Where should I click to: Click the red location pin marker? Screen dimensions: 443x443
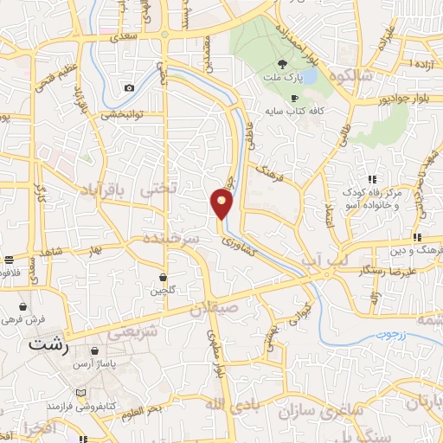click(x=222, y=204)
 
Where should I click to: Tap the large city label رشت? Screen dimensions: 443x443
click(x=48, y=343)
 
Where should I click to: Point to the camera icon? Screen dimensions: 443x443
click(x=129, y=87)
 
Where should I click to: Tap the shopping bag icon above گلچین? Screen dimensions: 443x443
click(x=163, y=277)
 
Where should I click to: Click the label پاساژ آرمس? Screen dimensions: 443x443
click(x=119, y=365)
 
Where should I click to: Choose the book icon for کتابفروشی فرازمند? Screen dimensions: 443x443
click(x=81, y=392)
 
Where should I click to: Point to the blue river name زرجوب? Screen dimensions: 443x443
click(x=390, y=333)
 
